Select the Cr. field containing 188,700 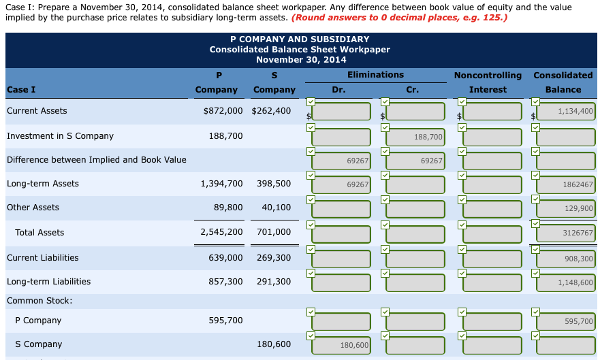(415, 137)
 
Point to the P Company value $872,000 (223, 111)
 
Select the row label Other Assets (33, 208)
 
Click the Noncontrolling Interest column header (488, 82)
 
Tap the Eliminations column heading (375, 75)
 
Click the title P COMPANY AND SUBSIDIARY (300, 39)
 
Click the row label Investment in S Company (60, 136)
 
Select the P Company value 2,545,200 (221, 233)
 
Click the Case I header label (21, 90)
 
